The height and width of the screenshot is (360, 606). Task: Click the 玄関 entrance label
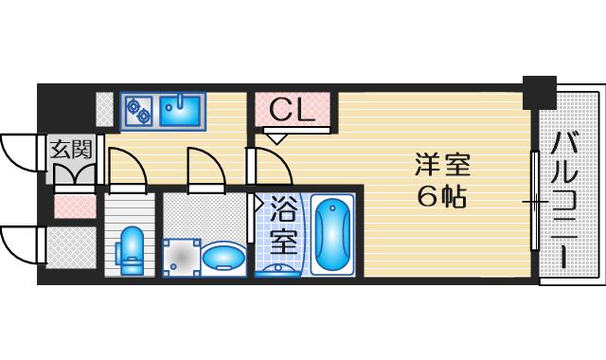pyautogui.click(x=70, y=148)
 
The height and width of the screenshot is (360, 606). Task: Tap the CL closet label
pyautogui.click(x=291, y=111)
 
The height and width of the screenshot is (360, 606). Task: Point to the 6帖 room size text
pyautogui.click(x=440, y=198)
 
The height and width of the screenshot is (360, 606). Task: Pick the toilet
pyautogui.click(x=131, y=249)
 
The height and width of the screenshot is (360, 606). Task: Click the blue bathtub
pyautogui.click(x=331, y=235)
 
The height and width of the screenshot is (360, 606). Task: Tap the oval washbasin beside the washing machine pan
pyautogui.click(x=223, y=255)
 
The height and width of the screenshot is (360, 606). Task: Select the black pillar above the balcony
pyautogui.click(x=539, y=90)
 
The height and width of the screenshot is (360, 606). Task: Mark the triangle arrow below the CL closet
pyautogui.click(x=276, y=138)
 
